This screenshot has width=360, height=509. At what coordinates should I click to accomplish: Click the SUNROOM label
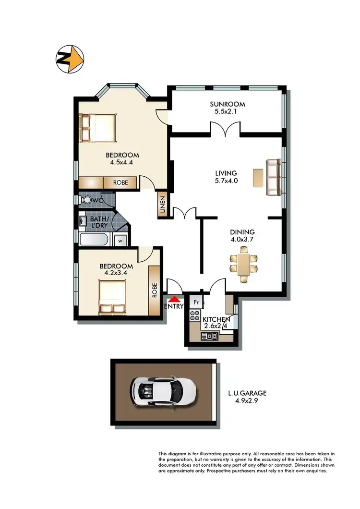pyautogui.click(x=228, y=104)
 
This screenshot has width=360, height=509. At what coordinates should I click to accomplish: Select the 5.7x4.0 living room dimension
pyautogui.click(x=227, y=181)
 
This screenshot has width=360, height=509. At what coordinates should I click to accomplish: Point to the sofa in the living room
pyautogui.click(x=275, y=177)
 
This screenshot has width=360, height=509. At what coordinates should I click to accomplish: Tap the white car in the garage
pyautogui.click(x=164, y=389)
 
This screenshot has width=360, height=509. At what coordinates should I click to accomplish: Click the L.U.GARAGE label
pyautogui.click(x=247, y=393)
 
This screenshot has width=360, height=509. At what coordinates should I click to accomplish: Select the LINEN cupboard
pyautogui.click(x=162, y=206)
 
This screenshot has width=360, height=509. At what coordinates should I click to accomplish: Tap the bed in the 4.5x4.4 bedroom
pyautogui.click(x=98, y=128)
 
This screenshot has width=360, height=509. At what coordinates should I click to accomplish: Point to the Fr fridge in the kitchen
pyautogui.click(x=196, y=302)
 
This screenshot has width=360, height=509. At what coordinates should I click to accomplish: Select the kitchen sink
pyautogui.click(x=210, y=336)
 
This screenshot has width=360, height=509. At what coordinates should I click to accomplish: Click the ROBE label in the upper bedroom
pyautogui.click(x=120, y=183)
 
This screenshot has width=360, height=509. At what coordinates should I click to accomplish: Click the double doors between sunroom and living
pyautogui.click(x=226, y=130)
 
